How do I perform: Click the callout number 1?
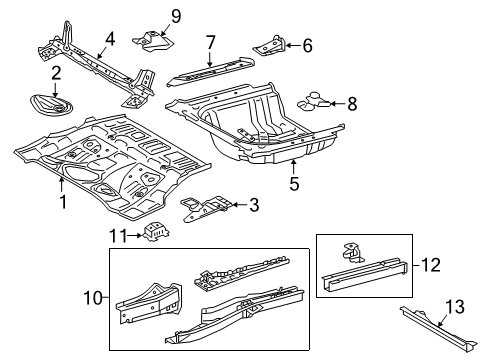[x=63, y=202]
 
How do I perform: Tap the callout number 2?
[x=56, y=73]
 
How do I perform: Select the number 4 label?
[x=110, y=39]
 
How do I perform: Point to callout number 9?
[x=176, y=16]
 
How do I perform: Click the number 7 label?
[x=211, y=42]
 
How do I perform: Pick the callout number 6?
[x=307, y=45]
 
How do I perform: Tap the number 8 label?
[x=352, y=104]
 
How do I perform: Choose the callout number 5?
[x=294, y=184]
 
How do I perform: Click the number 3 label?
[x=254, y=205]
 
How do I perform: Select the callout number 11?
[x=119, y=236]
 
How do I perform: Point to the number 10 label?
[x=93, y=297]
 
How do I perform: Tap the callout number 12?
[x=431, y=265]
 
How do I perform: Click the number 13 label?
[x=455, y=307]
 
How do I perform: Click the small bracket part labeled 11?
[x=156, y=232]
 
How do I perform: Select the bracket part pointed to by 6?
[x=269, y=46]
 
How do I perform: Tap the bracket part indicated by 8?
[x=314, y=101]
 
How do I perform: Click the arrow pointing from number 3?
[x=239, y=205]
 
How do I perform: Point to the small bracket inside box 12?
[x=352, y=252]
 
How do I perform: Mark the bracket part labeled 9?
[x=153, y=41]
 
